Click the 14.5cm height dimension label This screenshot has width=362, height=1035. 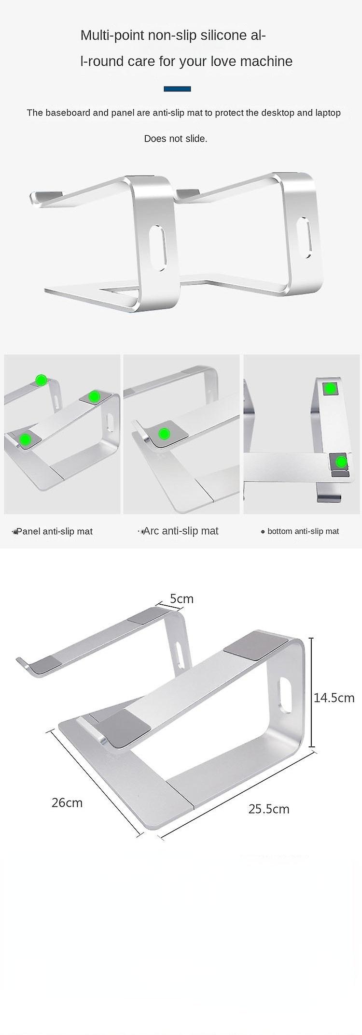[334, 697]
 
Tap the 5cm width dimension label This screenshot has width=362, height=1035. [181, 598]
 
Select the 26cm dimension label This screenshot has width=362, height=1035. [67, 802]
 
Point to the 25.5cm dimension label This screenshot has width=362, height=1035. [269, 809]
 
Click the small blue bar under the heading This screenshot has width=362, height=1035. [177, 89]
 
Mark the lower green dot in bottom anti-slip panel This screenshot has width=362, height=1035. [342, 462]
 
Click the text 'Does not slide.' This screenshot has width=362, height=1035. [176, 139]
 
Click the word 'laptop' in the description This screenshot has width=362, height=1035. [328, 113]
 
